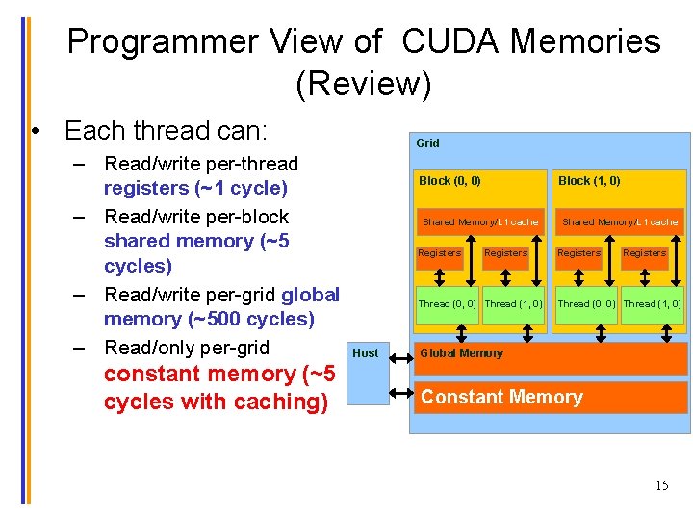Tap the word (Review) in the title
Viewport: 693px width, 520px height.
(363, 85)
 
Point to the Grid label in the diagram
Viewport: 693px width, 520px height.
(427, 143)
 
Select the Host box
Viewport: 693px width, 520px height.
(366, 373)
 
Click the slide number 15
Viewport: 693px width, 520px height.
(661, 485)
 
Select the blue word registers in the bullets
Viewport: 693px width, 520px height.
(148, 188)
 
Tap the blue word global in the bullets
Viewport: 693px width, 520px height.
(310, 295)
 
